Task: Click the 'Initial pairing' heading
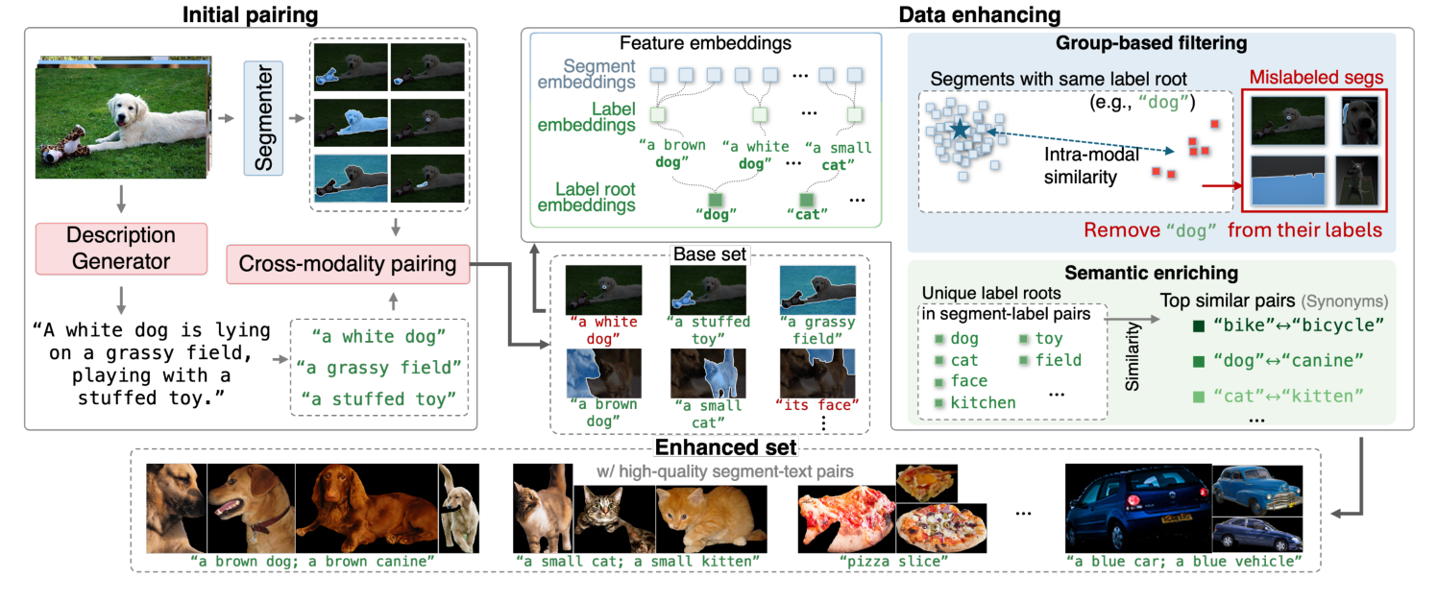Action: (235, 14)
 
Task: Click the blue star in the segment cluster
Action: (958, 127)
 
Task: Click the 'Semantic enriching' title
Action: (1151, 274)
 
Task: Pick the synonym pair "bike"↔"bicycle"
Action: (1297, 325)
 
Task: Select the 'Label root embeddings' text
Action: (586, 197)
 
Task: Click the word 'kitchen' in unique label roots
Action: (983, 402)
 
